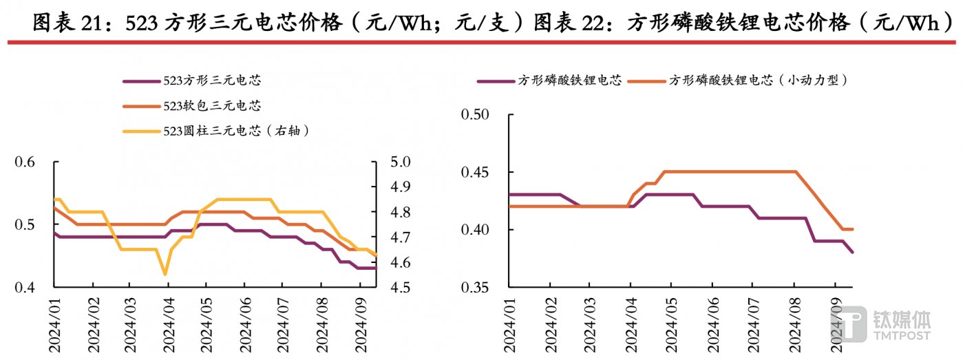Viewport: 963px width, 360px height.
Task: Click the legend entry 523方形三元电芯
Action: pos(212,81)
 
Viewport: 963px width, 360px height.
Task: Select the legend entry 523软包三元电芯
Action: pos(212,105)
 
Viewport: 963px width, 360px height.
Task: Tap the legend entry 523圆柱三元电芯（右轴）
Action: pos(234,130)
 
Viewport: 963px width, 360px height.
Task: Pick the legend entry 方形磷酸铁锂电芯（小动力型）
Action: pos(757,81)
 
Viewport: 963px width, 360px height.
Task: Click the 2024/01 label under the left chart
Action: pos(55,324)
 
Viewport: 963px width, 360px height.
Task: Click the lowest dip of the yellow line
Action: pos(165,275)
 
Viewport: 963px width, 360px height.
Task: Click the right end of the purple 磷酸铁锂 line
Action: pos(853,253)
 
